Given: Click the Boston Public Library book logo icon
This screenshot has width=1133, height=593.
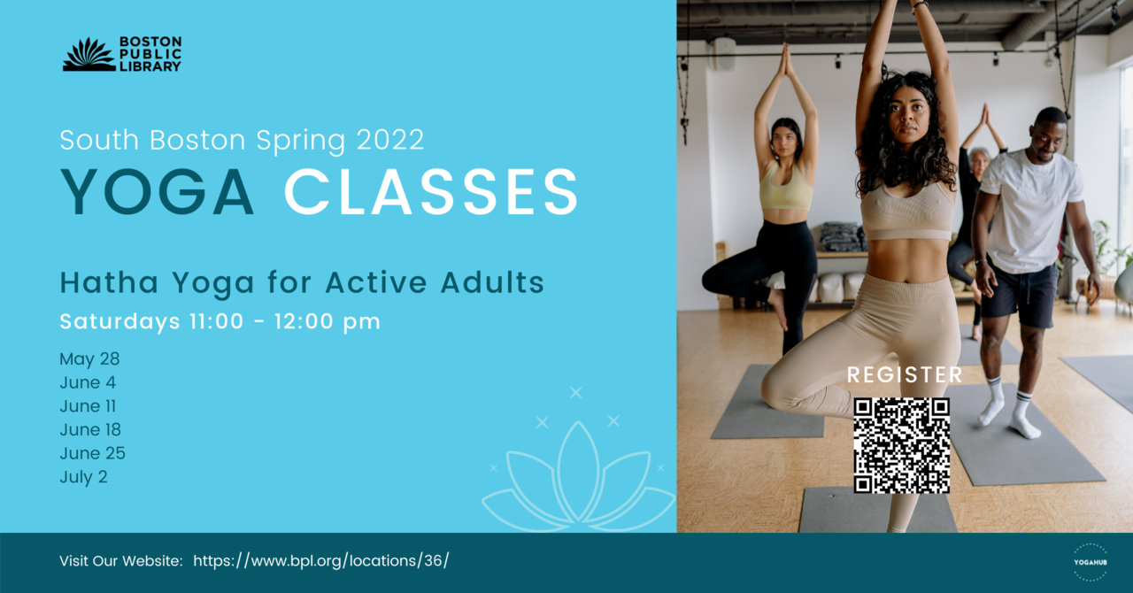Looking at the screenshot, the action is point(89,54).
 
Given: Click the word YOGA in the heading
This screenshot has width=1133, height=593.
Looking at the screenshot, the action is point(158,192).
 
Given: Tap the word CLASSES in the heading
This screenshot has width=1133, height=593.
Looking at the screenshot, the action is point(431,192).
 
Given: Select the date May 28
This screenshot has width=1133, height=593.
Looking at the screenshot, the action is point(89,358).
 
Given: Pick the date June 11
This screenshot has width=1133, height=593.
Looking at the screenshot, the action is point(88,405).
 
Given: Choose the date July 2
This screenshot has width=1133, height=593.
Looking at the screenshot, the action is point(83,477).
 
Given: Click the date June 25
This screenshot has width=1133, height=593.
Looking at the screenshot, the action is point(93,453).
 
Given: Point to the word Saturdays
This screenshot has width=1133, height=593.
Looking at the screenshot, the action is point(119,321).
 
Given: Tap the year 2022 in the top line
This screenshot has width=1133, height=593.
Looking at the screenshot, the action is point(390,139).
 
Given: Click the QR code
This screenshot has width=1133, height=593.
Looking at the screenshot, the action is point(901,445).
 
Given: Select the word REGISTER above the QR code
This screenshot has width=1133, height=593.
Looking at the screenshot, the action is point(905,375).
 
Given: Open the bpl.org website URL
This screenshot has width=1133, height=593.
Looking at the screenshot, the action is point(321,560).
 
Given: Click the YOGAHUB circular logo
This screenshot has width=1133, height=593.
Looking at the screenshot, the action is point(1091,562).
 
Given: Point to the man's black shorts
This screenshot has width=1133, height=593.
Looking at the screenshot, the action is point(1019,296).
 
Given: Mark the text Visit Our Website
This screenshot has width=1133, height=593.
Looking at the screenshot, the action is point(121,560).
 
